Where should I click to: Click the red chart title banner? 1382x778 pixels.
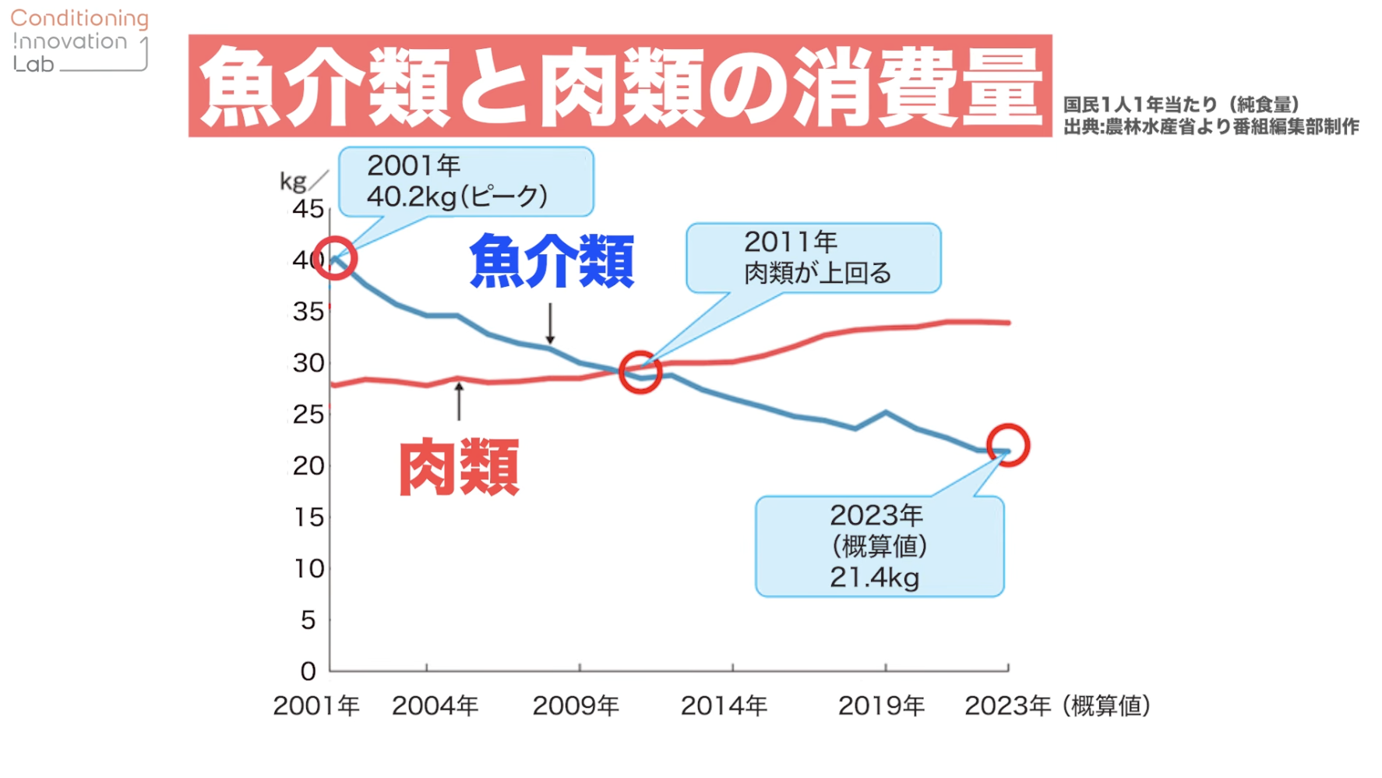pyautogui.click(x=619, y=86)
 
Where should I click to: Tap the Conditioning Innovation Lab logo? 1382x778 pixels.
pyautogui.click(x=79, y=41)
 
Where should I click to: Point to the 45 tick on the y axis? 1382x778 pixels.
pyautogui.click(x=308, y=209)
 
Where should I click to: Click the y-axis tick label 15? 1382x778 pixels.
pyautogui.click(x=308, y=517)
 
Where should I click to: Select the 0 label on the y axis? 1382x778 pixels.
pyautogui.click(x=308, y=670)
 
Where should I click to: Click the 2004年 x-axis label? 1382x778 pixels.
pyautogui.click(x=435, y=706)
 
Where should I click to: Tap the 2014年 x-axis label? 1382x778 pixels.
pyautogui.click(x=724, y=706)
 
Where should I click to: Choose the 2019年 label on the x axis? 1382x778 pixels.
pyautogui.click(x=881, y=706)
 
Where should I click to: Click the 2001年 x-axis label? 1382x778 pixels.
pyautogui.click(x=316, y=706)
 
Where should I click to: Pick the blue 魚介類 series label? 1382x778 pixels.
pyautogui.click(x=552, y=262)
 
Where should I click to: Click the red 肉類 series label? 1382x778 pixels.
pyautogui.click(x=459, y=467)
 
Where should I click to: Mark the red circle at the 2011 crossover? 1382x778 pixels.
pyautogui.click(x=640, y=372)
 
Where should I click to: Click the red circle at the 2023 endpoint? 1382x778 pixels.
pyautogui.click(x=1008, y=445)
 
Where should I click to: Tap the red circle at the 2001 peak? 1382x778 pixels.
pyautogui.click(x=335, y=259)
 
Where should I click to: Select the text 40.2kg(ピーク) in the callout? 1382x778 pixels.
pyautogui.click(x=457, y=196)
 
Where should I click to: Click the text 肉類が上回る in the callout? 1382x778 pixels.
pyautogui.click(x=817, y=273)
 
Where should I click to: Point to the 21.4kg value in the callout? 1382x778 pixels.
pyautogui.click(x=874, y=578)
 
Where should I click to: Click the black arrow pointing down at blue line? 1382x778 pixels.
pyautogui.click(x=550, y=324)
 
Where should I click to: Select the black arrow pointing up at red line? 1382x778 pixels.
pyautogui.click(x=459, y=401)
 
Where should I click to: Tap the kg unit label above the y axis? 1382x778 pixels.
pyautogui.click(x=294, y=182)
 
